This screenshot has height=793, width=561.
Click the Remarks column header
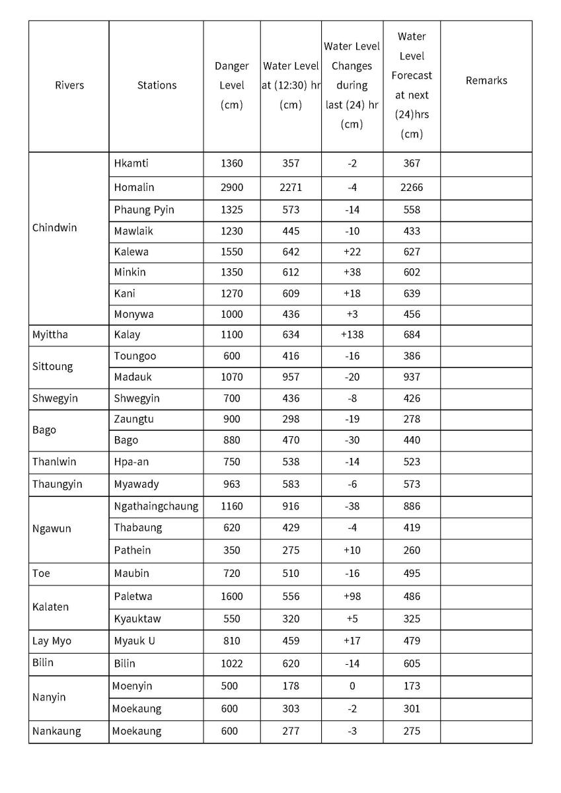486,81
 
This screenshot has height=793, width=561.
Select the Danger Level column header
231,85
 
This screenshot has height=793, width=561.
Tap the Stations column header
157,85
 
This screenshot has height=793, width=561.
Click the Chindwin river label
54,228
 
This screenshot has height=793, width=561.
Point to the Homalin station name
134,188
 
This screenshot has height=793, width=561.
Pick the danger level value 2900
231,188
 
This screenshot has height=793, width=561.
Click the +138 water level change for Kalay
352,335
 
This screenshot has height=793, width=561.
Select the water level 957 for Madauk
290,377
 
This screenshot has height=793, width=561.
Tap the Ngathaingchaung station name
156,507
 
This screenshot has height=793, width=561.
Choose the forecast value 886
411,507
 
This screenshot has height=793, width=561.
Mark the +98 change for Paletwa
352,597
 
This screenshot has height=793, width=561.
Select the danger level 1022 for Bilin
231,663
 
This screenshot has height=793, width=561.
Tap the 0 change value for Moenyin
352,687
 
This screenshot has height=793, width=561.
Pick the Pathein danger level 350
231,550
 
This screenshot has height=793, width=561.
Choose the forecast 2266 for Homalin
411,188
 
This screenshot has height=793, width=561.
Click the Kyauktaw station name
137,619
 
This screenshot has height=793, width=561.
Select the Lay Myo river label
52,641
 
